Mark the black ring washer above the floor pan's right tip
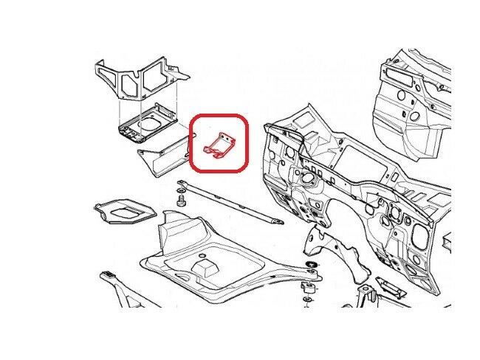tap(313, 264)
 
